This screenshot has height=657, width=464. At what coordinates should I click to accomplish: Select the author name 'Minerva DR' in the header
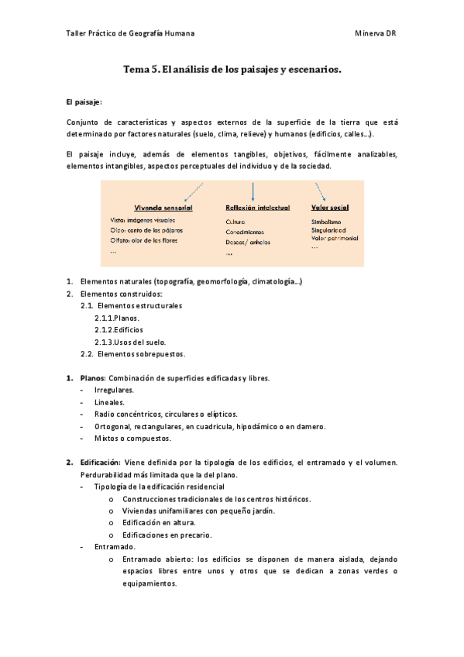click(x=376, y=33)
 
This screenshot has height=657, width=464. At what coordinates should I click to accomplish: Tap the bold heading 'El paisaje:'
click(x=84, y=101)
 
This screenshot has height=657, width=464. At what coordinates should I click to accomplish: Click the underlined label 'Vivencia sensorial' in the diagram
click(x=163, y=208)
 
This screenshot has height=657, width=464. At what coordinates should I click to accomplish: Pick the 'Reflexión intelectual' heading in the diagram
click(x=257, y=208)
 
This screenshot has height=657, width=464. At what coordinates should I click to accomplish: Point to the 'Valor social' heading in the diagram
click(x=329, y=208)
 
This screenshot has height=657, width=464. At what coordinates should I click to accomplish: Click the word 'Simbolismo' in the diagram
click(x=325, y=221)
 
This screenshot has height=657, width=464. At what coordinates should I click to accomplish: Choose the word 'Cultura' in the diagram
click(x=235, y=222)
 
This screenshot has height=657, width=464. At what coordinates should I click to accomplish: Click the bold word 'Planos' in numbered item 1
click(x=92, y=378)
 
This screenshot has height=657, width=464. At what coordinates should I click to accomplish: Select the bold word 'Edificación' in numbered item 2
click(x=101, y=463)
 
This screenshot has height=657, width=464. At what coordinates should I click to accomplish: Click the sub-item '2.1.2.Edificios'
click(x=119, y=330)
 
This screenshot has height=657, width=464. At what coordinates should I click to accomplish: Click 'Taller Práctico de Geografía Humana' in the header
click(x=131, y=33)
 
